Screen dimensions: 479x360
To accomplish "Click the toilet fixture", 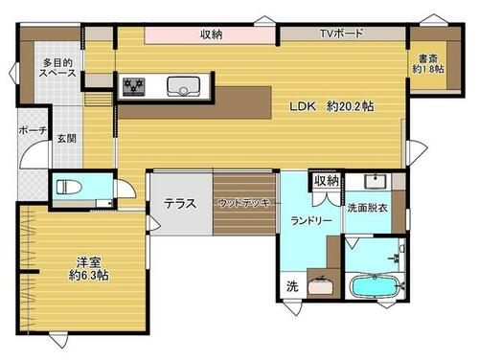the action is coord(69,187).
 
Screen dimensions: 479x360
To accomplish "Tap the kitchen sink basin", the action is coord(183,86).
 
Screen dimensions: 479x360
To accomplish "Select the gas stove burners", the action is coord(134,86).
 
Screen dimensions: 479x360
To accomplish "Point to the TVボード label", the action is coord(342,34).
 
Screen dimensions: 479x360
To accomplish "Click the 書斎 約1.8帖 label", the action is coord(428,64).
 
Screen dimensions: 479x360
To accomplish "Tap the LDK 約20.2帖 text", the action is coord(331,106).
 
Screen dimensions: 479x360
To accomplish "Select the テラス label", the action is coord(180,203).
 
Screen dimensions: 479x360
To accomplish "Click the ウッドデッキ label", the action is coord(244,203).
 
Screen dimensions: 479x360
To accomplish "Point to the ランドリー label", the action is coord(311,220).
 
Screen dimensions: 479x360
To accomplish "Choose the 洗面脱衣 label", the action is coord(367,208).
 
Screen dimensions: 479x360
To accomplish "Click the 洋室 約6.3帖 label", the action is coord(89,269).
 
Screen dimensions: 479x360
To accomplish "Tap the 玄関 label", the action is coord(67,139).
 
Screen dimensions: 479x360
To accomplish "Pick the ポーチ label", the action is coord(33,130).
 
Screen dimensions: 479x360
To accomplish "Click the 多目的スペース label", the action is coord(57,67).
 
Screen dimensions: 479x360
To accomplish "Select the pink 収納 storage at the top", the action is coord(210,35).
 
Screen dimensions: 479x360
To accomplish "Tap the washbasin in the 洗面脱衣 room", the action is coord(376,181).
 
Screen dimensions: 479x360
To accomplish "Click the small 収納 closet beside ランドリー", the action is coord(326,181).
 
